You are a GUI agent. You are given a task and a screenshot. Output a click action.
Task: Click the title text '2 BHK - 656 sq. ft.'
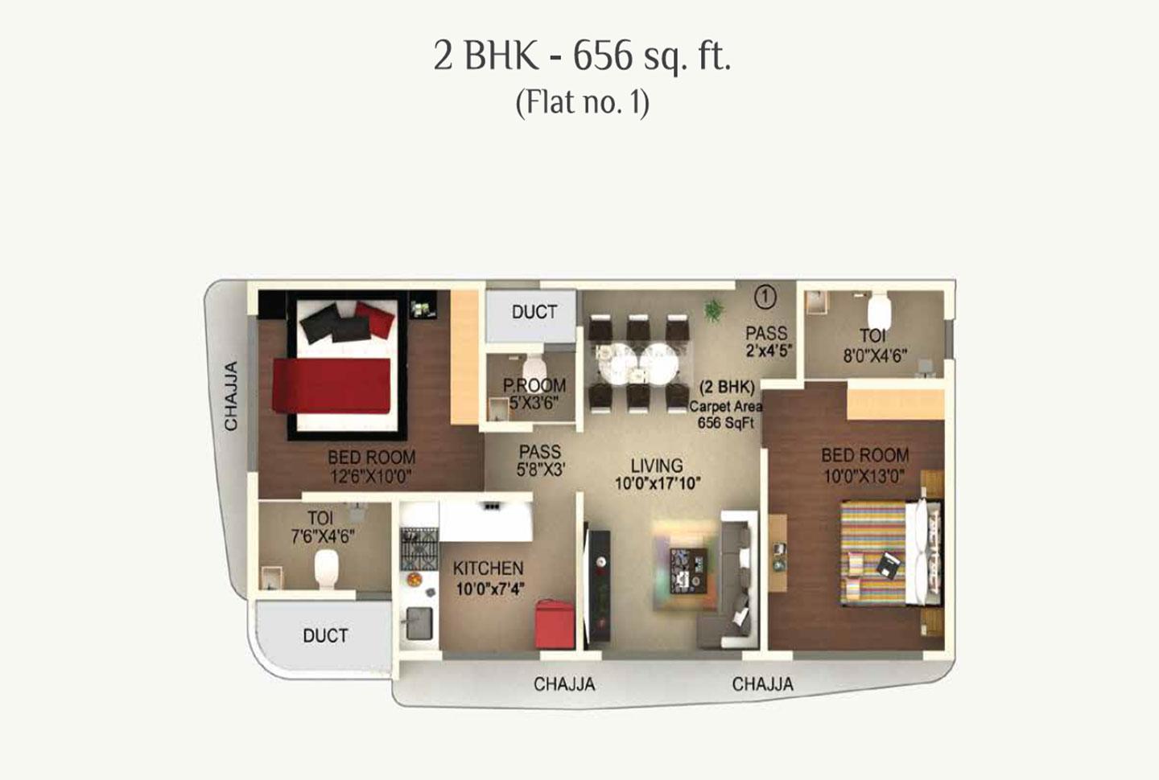tap(582, 56)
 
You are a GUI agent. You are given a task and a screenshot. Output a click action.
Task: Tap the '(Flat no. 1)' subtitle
tap(582, 103)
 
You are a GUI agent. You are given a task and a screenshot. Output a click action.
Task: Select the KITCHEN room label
tap(488, 568)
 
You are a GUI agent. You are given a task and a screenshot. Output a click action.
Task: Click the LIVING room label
tap(657, 466)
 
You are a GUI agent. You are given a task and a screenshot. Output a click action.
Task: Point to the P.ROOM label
tap(534, 385)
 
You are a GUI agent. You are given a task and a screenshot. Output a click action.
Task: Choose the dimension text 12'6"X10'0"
tap(371, 477)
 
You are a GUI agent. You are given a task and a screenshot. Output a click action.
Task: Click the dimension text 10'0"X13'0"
tap(864, 477)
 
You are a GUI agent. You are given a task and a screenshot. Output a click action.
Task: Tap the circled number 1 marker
tap(765, 297)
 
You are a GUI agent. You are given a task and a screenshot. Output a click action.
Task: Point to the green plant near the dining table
tap(712, 310)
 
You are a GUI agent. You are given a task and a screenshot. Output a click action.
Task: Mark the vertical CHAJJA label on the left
tap(231, 396)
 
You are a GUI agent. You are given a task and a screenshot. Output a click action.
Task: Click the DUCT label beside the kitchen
tap(325, 635)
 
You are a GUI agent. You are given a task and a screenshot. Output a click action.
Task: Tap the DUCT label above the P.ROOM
tap(534, 312)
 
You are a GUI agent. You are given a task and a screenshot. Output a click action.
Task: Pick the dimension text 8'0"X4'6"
tap(874, 355)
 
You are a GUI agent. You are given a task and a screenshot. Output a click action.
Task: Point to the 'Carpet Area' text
tap(725, 406)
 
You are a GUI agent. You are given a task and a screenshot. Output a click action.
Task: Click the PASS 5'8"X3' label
tap(540, 460)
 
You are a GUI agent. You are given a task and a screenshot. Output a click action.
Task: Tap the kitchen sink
tap(419, 622)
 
